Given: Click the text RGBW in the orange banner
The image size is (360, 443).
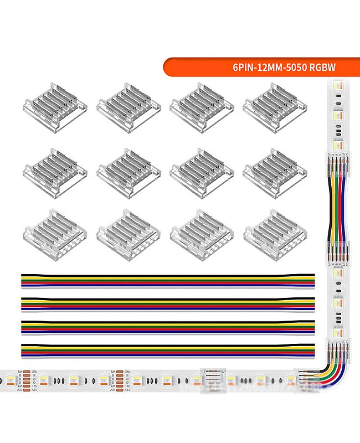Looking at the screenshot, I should coord(323,68).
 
